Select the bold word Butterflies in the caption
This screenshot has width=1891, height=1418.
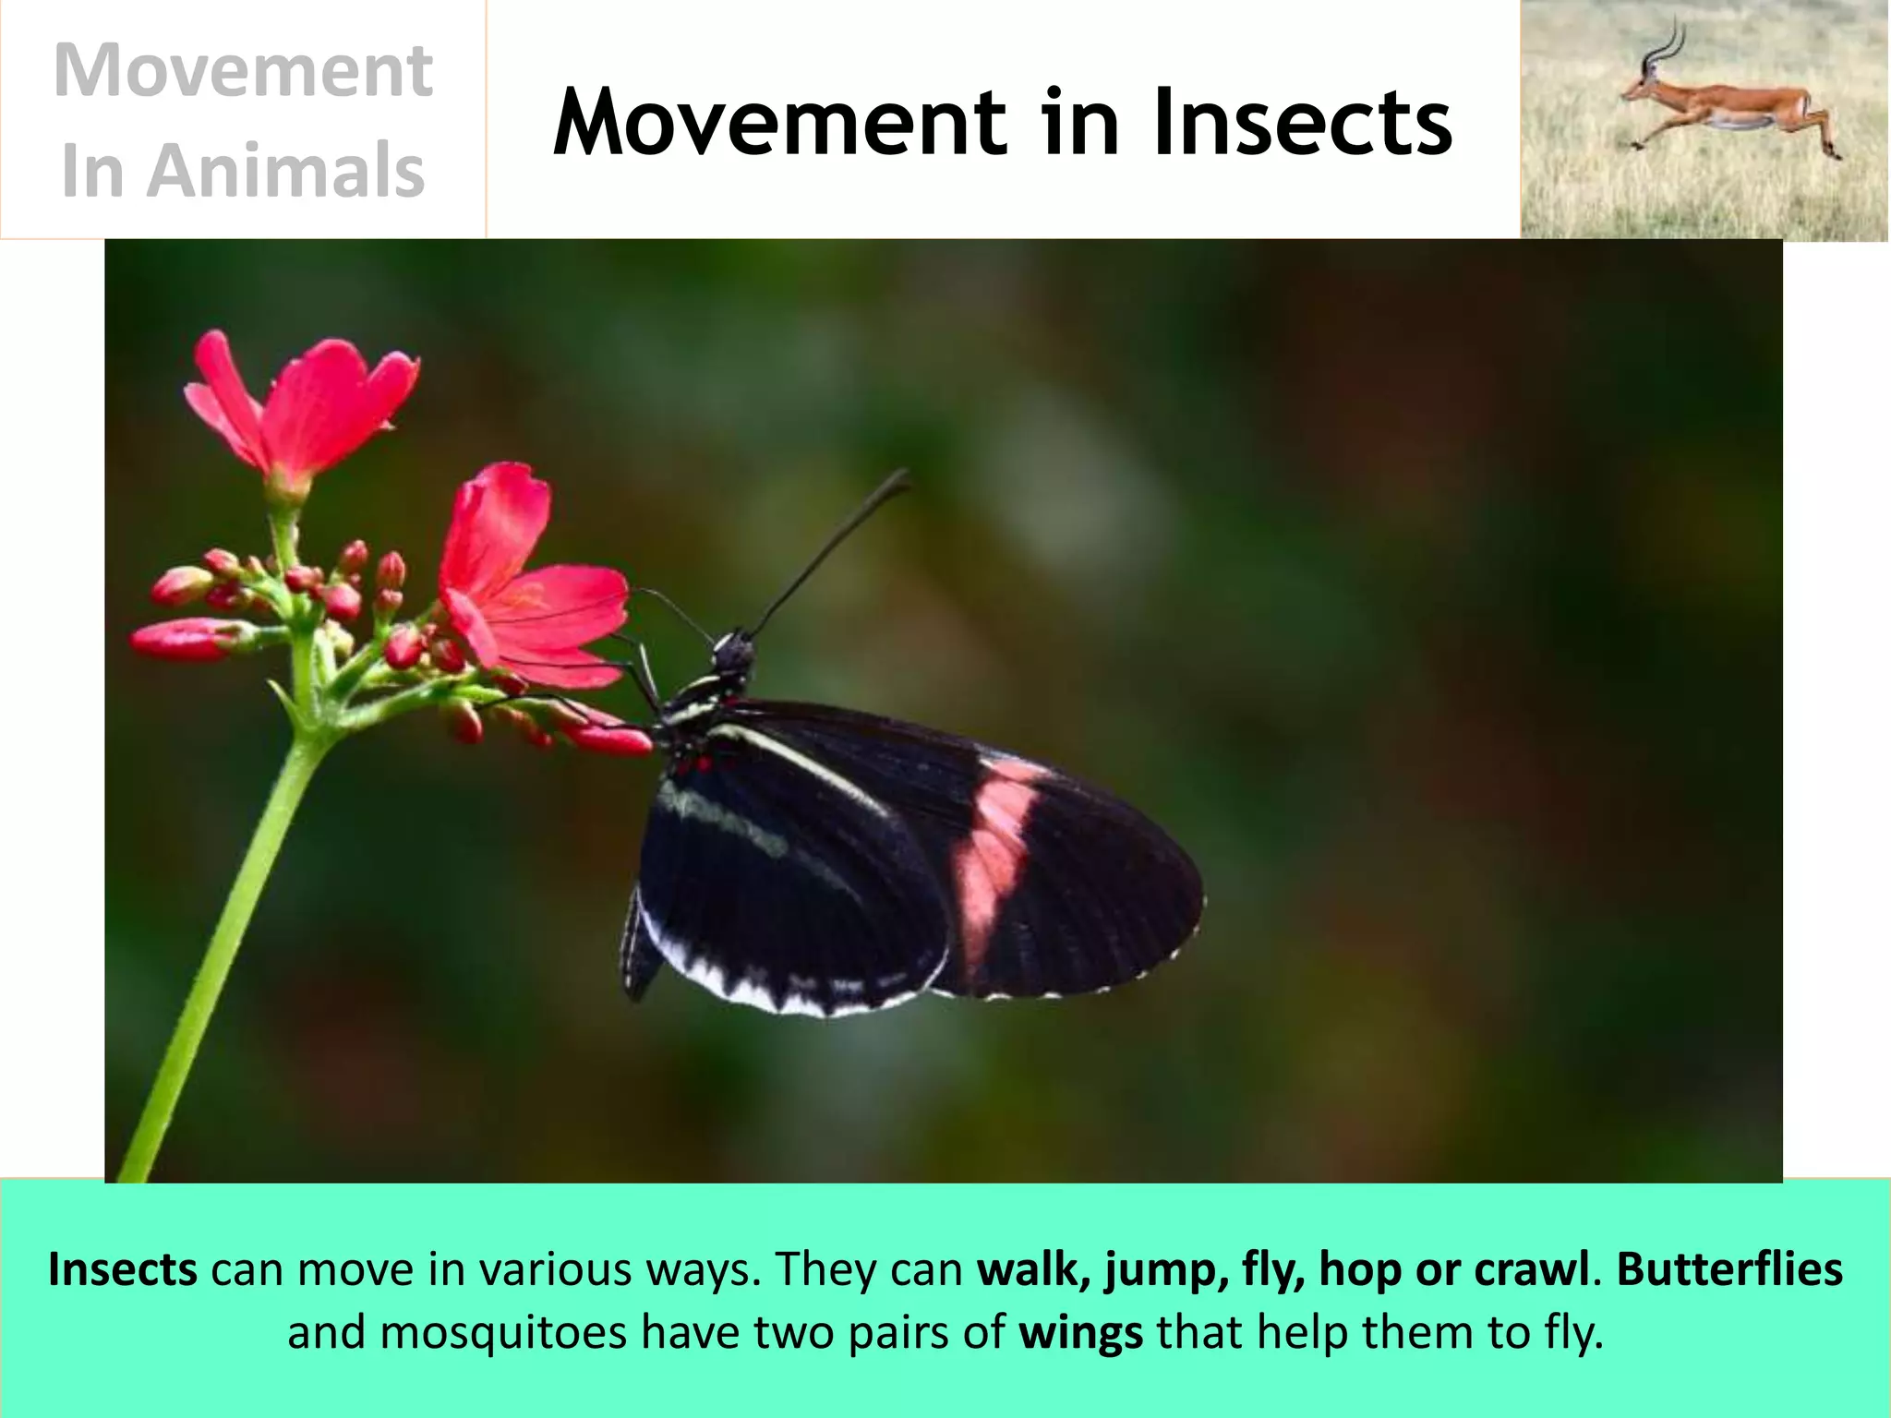pos(1729,1269)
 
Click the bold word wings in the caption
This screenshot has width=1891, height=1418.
pos(1080,1333)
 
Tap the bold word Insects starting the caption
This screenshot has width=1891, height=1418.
pos(123,1269)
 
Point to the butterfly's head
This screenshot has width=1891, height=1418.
pos(735,652)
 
